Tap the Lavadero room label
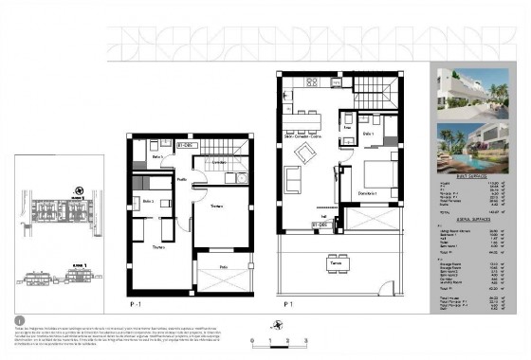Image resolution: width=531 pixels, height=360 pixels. tap(219, 163)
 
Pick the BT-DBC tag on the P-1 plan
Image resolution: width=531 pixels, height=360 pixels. tap(187, 145)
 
